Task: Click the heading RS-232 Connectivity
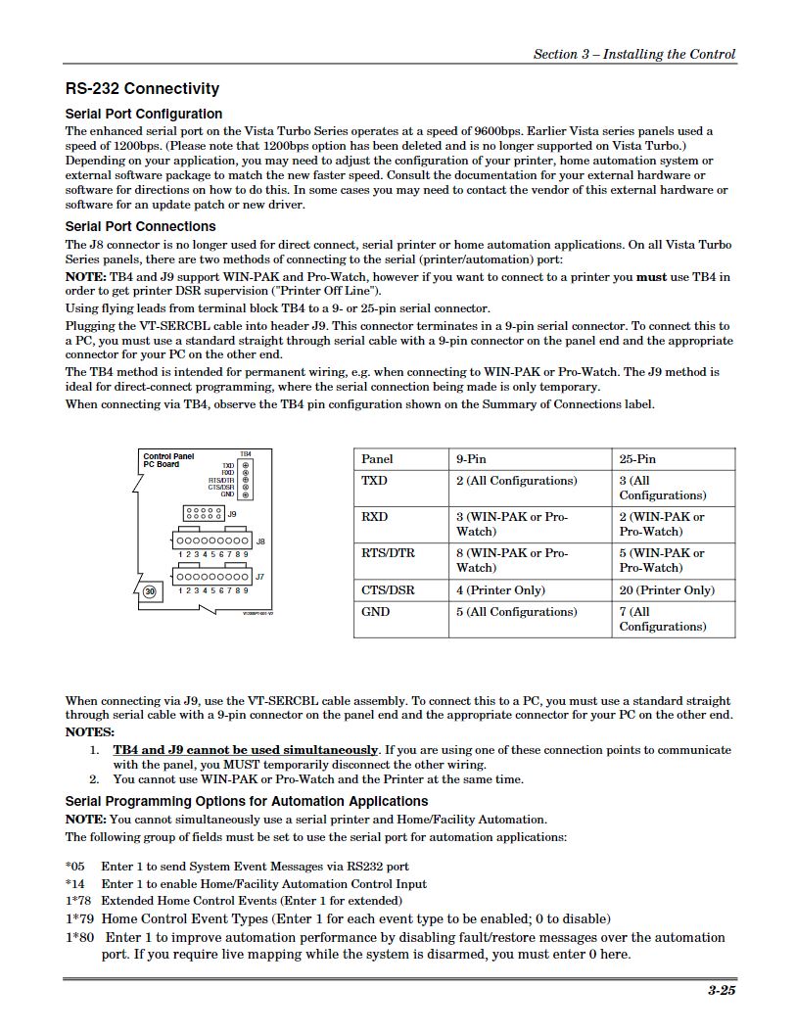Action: point(142,89)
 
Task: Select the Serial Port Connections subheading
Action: point(140,226)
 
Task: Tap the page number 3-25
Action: point(722,990)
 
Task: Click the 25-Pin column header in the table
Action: point(637,458)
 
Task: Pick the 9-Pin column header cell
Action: point(471,458)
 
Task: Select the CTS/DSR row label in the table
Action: point(389,590)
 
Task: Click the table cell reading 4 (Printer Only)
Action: point(500,590)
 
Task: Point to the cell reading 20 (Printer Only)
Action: point(667,590)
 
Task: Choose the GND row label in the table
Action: point(375,612)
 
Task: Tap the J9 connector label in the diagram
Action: point(232,514)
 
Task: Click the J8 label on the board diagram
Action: point(260,540)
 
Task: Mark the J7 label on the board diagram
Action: point(259,577)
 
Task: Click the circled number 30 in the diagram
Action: point(150,591)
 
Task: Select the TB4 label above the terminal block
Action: point(245,454)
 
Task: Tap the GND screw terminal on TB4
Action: point(246,493)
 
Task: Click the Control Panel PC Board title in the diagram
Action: point(168,460)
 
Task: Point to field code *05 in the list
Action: point(75,867)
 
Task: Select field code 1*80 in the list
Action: point(79,937)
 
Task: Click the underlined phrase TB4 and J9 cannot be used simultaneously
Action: point(245,750)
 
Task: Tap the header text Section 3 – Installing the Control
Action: point(633,55)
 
